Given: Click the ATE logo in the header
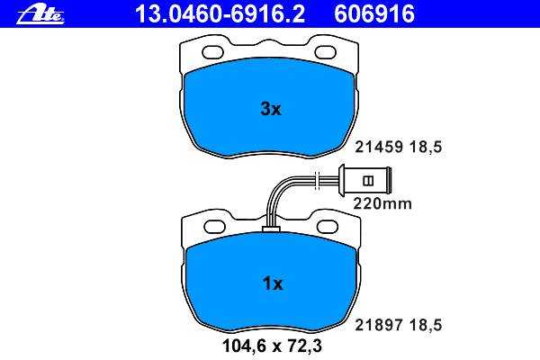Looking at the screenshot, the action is pos(40,15).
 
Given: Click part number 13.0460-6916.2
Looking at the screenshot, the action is pos(220,13).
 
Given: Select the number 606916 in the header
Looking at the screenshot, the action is pos(374,13).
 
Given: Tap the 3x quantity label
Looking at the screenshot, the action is pos(271,109).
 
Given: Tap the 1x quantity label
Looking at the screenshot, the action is pos(273,283).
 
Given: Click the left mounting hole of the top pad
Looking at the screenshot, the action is pos(212,52).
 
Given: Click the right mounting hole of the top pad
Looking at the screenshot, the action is pos(326,52).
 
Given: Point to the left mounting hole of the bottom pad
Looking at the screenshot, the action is pos(214,227).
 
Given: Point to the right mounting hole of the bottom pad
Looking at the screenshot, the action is pos(328,227).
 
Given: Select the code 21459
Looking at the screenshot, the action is pos(379,148).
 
